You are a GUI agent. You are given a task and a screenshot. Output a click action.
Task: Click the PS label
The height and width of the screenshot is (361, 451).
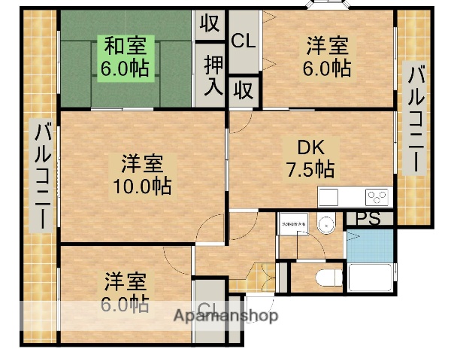pyautogui.click(x=368, y=218)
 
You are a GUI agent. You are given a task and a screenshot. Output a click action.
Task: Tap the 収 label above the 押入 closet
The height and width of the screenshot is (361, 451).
pyautogui.click(x=210, y=23)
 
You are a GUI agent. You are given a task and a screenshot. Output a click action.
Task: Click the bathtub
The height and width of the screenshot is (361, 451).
pyautogui.click(x=368, y=279)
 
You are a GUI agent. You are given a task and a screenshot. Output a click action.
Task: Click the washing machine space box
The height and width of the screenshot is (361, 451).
pyautogui.click(x=294, y=226)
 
